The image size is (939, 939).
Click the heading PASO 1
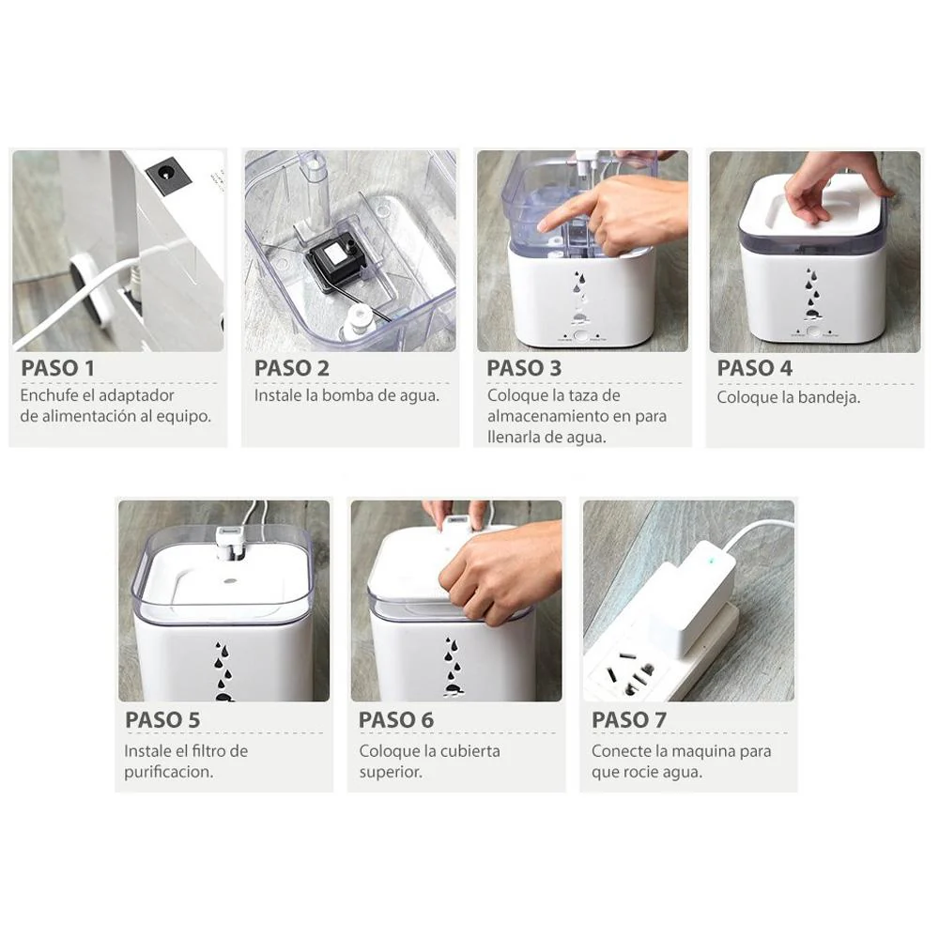pos(57,368)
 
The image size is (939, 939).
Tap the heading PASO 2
pos(292,368)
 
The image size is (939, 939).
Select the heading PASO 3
pos(524,368)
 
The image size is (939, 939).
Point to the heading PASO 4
pos(755,368)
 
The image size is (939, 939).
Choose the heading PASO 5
pos(162,719)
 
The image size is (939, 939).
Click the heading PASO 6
pos(396,719)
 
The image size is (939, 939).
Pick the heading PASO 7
pos(629,719)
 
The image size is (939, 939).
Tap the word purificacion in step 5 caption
pos(169,772)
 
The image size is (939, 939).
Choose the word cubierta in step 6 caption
pos(470,751)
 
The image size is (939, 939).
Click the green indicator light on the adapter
pos(710,561)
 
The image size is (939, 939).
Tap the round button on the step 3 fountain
pos(580,335)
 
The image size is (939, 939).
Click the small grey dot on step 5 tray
pos(229,580)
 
